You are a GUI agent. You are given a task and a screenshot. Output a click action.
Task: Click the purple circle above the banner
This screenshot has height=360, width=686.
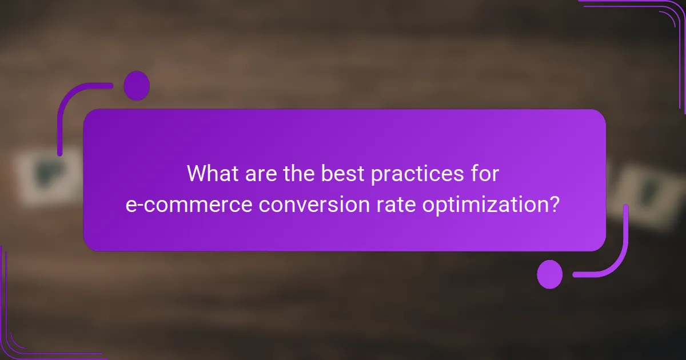pyautogui.click(x=137, y=86)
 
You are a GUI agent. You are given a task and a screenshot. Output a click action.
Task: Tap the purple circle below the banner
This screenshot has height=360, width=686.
pyautogui.click(x=550, y=274)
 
